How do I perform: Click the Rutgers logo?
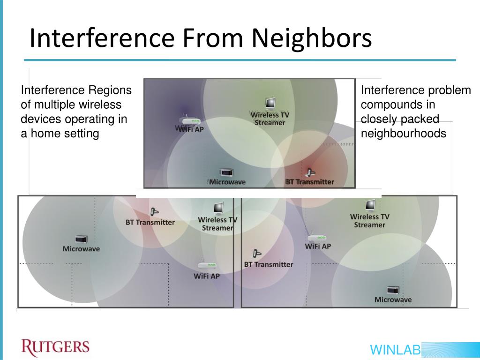(55, 347)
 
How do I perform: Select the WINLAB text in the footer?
(395, 350)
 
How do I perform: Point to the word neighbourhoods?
(404, 134)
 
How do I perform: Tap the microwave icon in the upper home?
(227, 172)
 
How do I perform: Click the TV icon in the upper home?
(270, 103)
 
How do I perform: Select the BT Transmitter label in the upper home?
(310, 182)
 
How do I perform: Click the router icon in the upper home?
(191, 121)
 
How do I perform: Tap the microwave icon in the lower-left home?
(81, 239)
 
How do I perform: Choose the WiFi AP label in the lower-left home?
(207, 276)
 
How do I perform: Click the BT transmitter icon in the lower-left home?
(154, 212)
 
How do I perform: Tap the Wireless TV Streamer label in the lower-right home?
(369, 221)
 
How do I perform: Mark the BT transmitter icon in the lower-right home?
(257, 254)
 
